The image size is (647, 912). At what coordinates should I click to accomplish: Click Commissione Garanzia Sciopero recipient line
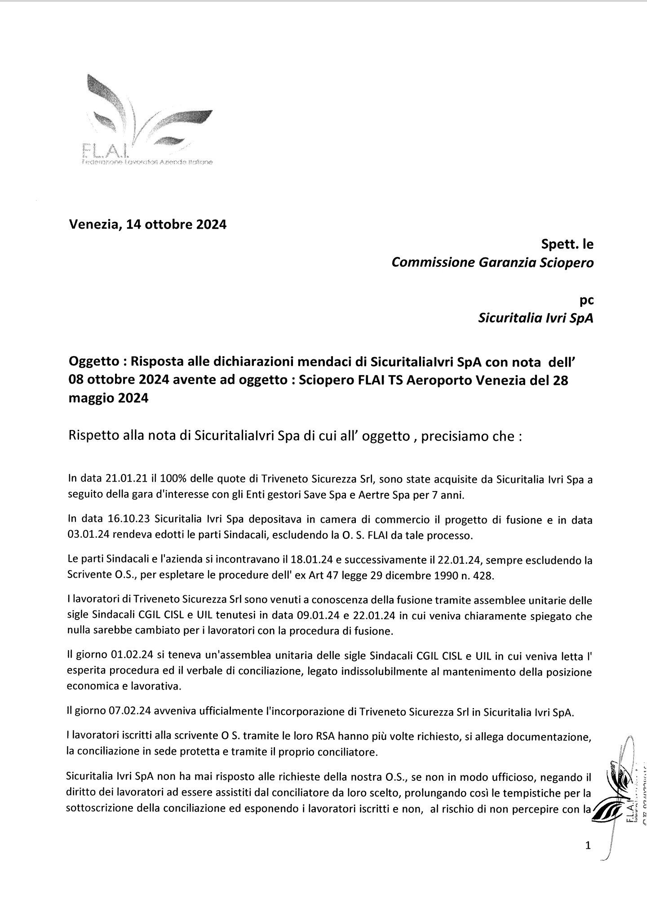[492, 262]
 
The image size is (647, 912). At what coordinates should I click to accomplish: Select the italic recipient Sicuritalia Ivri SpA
[536, 319]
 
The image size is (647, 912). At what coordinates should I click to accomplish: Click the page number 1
[588, 846]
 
